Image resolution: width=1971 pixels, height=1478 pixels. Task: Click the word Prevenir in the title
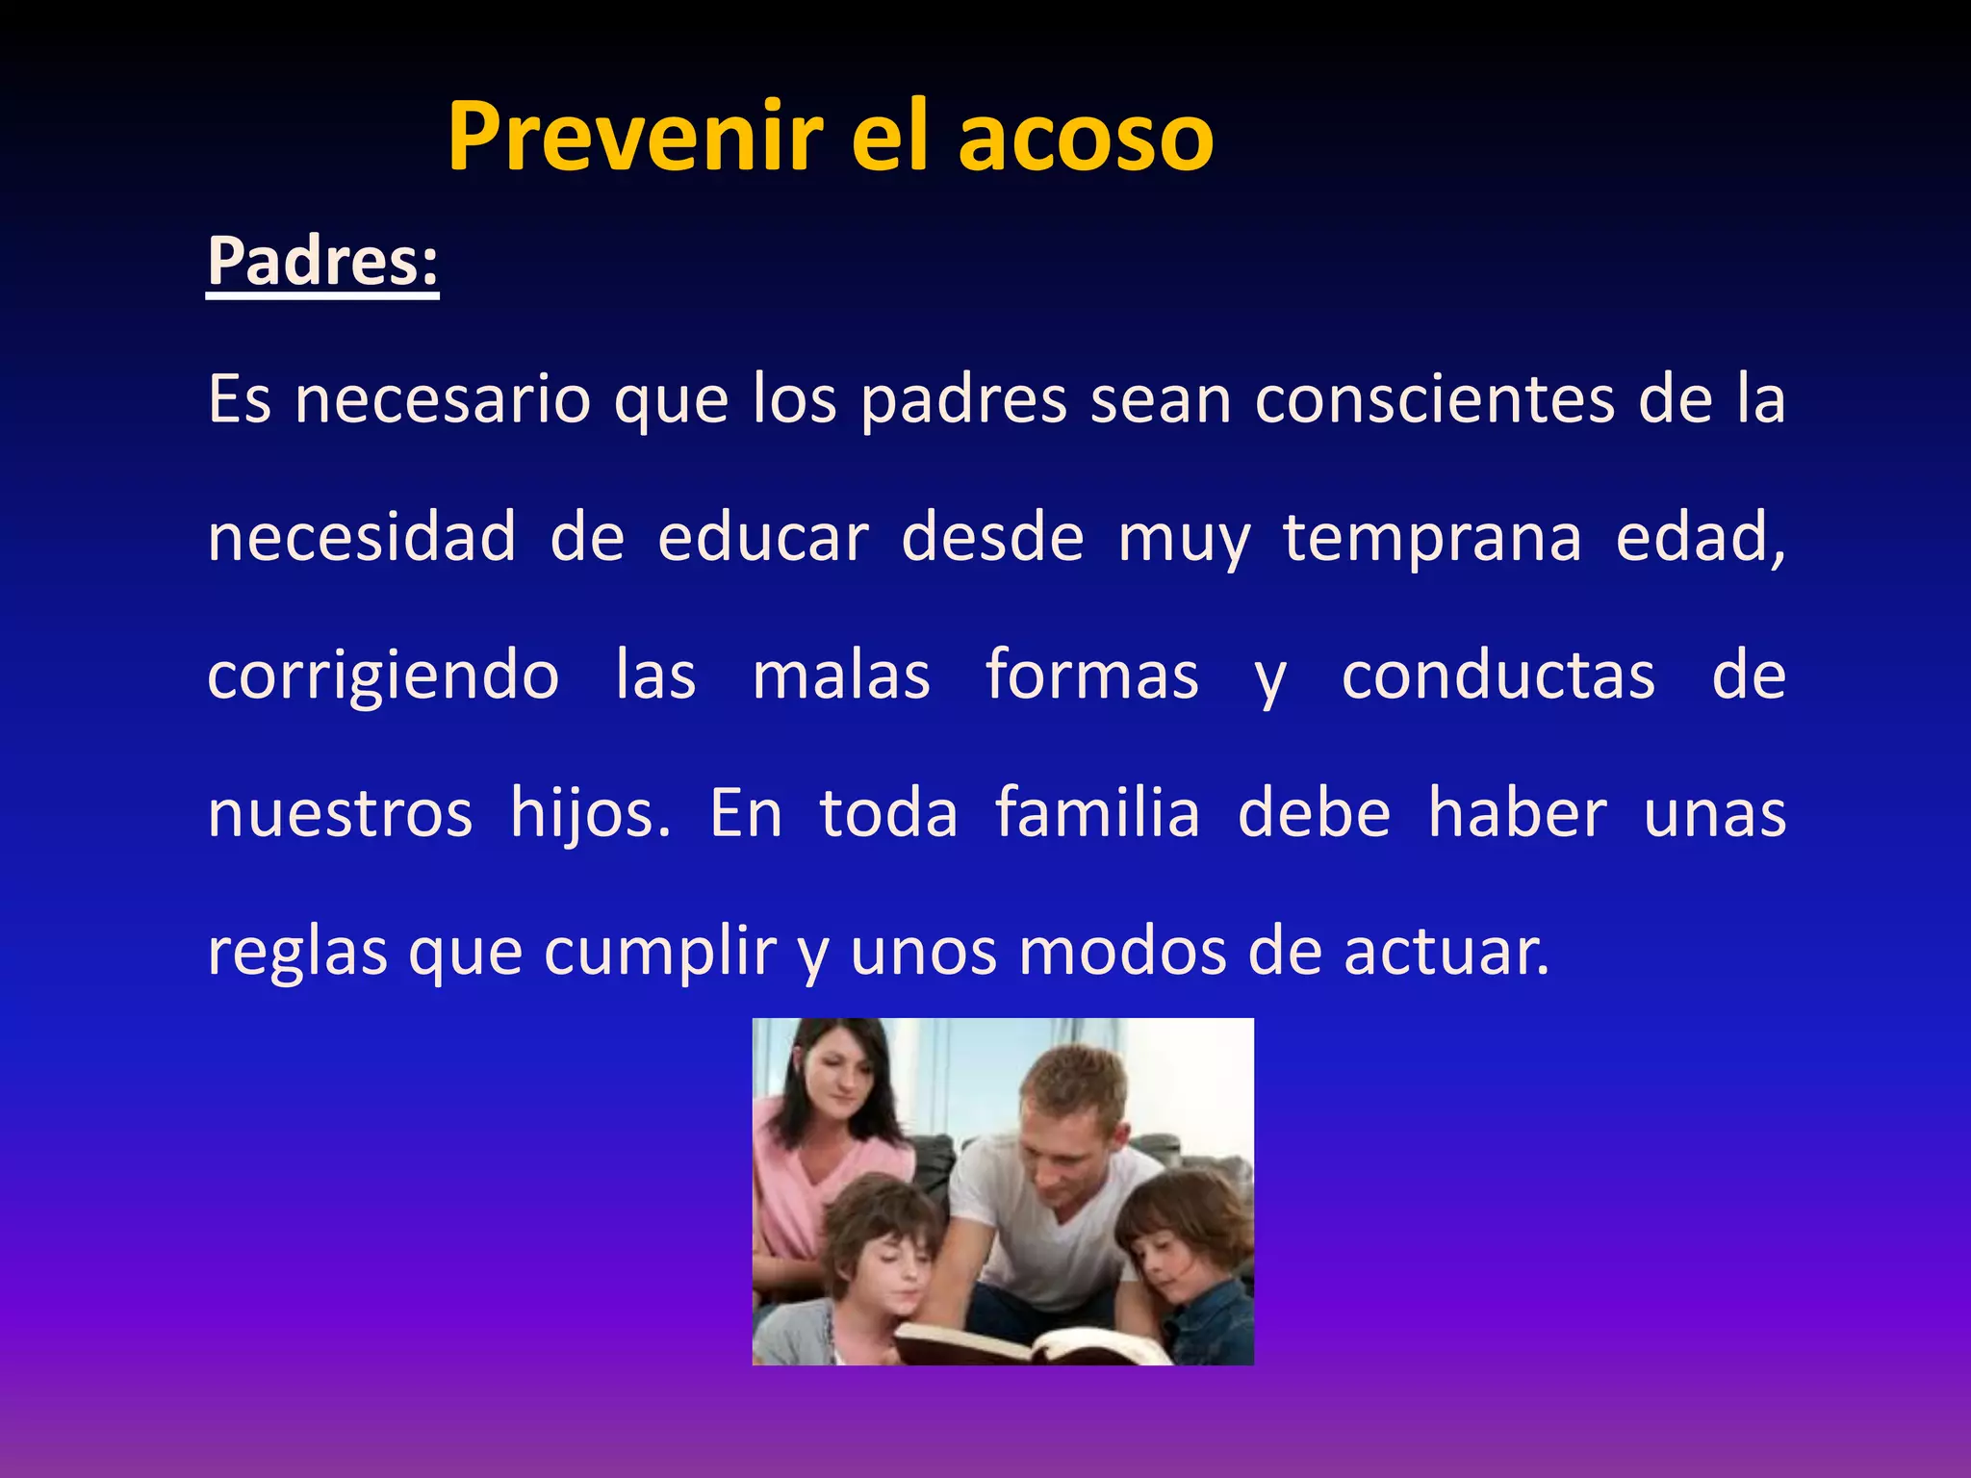[x=636, y=137]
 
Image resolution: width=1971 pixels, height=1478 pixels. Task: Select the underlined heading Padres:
[x=322, y=262]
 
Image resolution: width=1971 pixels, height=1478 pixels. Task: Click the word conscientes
[x=1435, y=399]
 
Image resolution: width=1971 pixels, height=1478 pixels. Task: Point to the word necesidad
[x=362, y=537]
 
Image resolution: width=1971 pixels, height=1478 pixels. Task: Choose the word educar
[x=763, y=537]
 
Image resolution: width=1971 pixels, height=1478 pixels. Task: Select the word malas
[x=841, y=675]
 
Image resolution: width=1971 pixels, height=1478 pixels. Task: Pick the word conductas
[x=1498, y=675]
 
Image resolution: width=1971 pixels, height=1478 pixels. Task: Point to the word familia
[x=1097, y=813]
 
